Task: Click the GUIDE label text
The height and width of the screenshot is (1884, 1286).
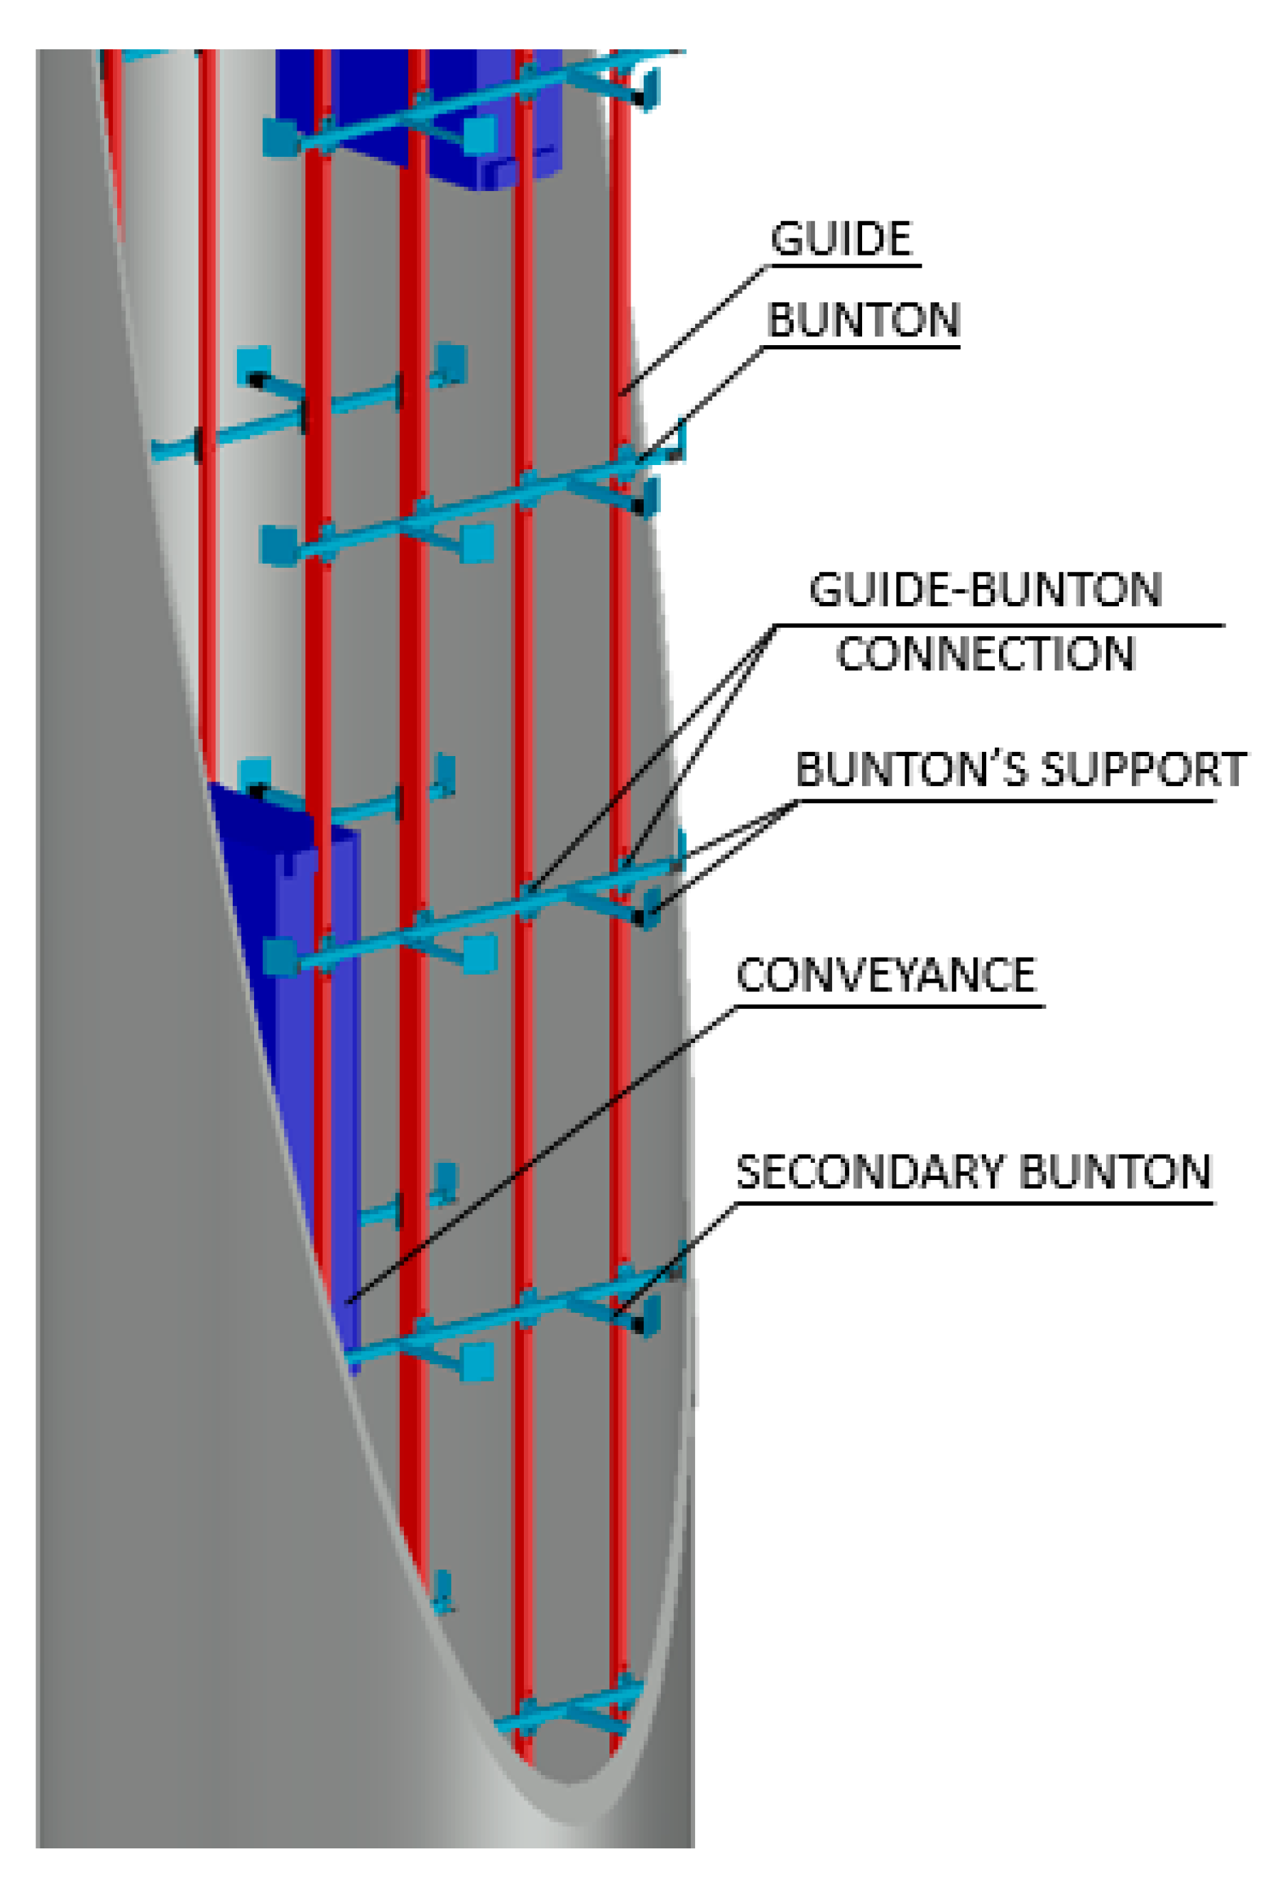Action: point(841,239)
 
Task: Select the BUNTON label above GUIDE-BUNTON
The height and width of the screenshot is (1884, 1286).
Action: point(863,321)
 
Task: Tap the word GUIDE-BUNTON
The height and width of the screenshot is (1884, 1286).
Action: point(985,590)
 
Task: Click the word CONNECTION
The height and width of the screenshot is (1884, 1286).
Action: point(985,654)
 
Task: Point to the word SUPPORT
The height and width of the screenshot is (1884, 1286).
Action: point(1144,770)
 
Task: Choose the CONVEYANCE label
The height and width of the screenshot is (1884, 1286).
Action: point(885,975)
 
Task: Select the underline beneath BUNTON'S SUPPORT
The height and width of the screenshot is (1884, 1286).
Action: point(1005,801)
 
